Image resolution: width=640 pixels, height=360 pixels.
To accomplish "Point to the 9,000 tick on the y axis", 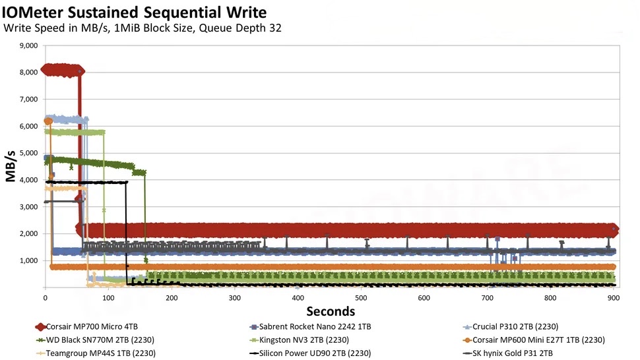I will pyautogui.click(x=26, y=46).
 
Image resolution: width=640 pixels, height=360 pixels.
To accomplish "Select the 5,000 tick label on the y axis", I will pyautogui.click(x=26, y=154).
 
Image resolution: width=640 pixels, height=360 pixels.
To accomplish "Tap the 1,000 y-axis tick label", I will pyautogui.click(x=26, y=261).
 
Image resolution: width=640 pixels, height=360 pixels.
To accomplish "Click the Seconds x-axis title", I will pyautogui.click(x=329, y=311).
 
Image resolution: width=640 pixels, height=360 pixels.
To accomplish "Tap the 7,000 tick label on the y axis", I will pyautogui.click(x=26, y=100).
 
